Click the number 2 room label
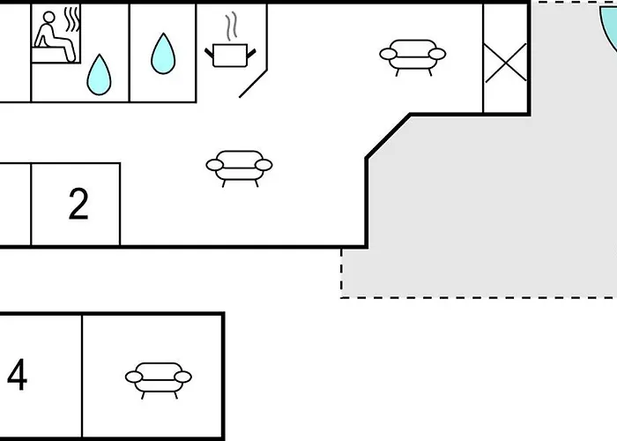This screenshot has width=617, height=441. [x=78, y=205]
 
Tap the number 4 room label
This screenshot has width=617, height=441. [x=17, y=376]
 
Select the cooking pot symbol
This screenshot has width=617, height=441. [x=231, y=55]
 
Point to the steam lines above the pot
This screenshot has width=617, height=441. [x=232, y=26]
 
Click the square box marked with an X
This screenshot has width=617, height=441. [x=506, y=64]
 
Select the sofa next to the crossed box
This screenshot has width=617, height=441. [x=413, y=56]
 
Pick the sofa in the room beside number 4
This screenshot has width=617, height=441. [x=159, y=377]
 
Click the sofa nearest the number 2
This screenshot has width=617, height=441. [x=238, y=166]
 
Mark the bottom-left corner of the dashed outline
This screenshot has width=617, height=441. [x=342, y=296]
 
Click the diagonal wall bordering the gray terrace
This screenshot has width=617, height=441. [x=388, y=136]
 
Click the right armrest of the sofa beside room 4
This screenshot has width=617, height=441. [x=183, y=377]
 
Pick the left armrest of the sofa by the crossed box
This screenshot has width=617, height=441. [x=389, y=56]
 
